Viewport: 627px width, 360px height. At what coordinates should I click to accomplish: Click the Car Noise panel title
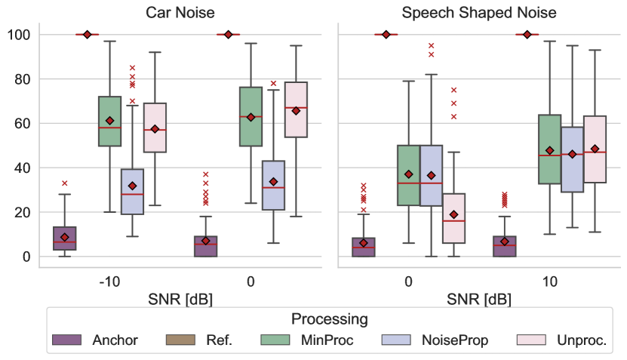click(180, 13)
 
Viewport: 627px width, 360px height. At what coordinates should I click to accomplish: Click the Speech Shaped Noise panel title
click(479, 13)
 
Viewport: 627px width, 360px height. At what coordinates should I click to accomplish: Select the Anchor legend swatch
click(66, 340)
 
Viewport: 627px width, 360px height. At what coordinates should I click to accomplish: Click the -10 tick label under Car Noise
click(109, 282)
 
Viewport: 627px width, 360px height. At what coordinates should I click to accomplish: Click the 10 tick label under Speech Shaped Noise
click(549, 282)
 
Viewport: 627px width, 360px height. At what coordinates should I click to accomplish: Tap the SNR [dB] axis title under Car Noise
click(180, 299)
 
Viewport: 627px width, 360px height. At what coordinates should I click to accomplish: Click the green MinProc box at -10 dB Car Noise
click(109, 121)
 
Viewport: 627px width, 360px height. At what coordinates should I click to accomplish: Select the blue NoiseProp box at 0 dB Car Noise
click(273, 185)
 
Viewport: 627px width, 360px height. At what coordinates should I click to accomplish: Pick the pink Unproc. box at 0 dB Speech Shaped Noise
click(454, 218)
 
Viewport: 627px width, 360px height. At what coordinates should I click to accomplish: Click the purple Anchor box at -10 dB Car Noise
click(64, 238)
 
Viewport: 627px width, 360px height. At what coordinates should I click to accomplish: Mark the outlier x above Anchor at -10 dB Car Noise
click(65, 183)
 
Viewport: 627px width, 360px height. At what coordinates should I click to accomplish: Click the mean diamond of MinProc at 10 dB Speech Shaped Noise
click(549, 150)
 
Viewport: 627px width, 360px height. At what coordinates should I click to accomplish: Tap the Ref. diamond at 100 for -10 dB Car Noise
click(88, 35)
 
